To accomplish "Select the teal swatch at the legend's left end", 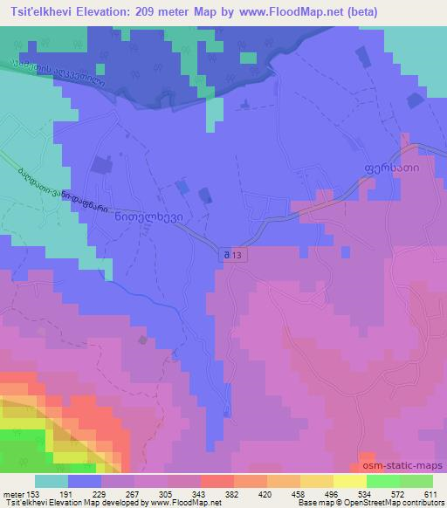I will click(x=51, y=482).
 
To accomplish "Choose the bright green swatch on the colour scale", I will click(x=382, y=482).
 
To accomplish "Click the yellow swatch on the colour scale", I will click(x=349, y=482).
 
